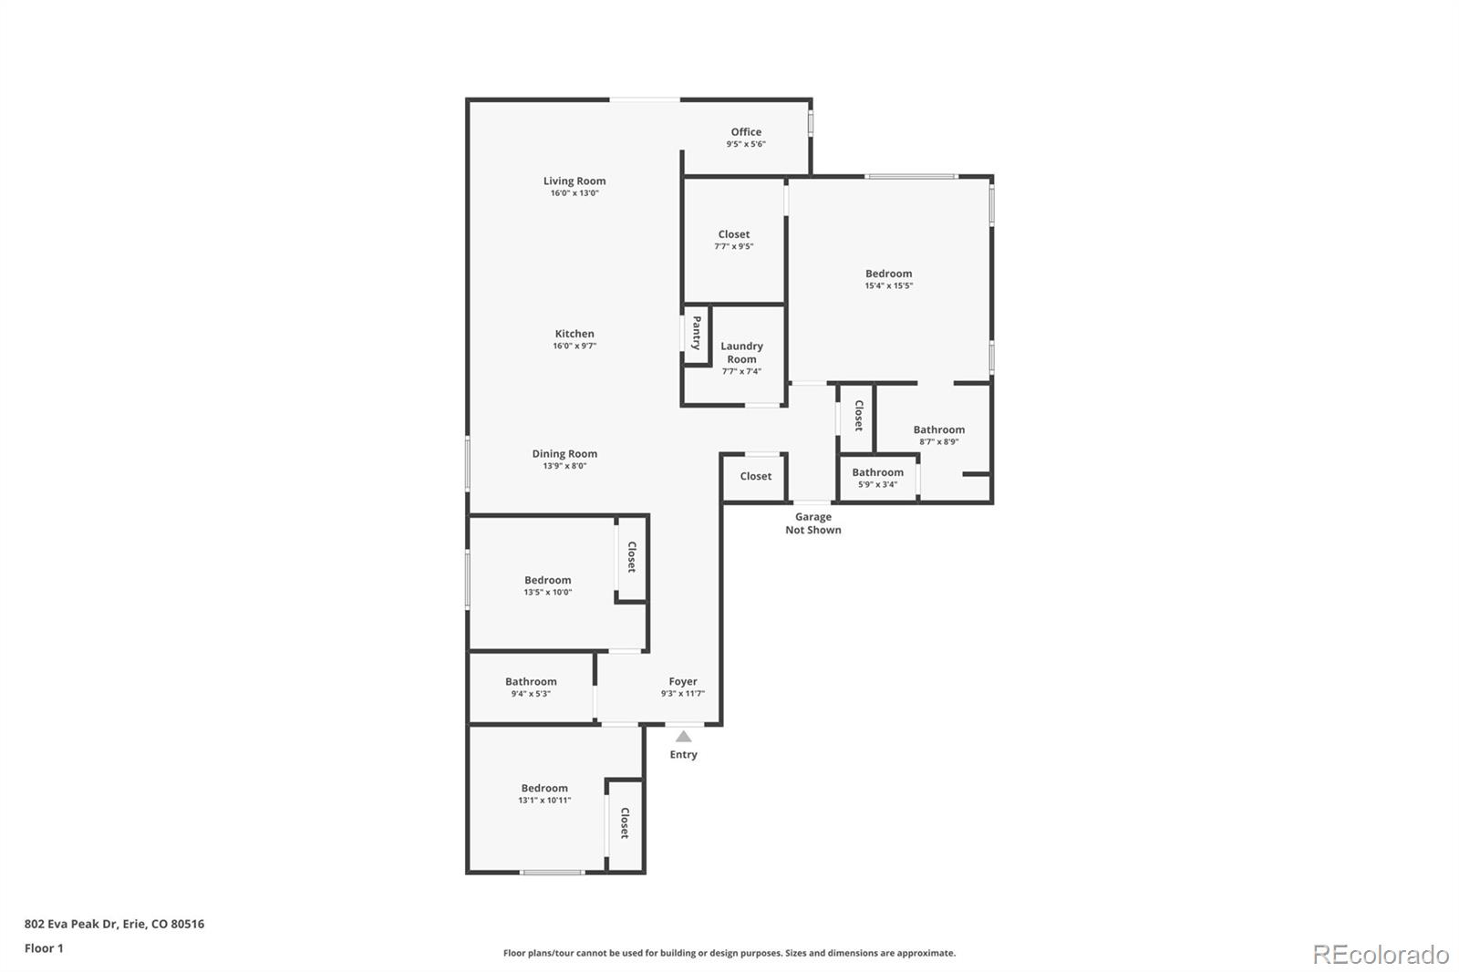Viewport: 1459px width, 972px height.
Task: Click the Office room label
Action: pyautogui.click(x=746, y=132)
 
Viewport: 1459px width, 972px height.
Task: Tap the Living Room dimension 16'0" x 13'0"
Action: pyautogui.click(x=574, y=193)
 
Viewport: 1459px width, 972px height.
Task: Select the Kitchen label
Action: pyautogui.click(x=574, y=334)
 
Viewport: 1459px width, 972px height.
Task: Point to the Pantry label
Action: pyautogui.click(x=697, y=333)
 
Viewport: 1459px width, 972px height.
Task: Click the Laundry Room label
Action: pyautogui.click(x=741, y=353)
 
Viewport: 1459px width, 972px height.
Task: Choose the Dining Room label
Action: pyautogui.click(x=564, y=454)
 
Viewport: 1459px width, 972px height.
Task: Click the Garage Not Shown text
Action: pyautogui.click(x=813, y=523)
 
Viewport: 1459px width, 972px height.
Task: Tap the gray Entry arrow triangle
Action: pyautogui.click(x=683, y=736)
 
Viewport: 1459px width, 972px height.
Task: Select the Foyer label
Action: pyautogui.click(x=683, y=682)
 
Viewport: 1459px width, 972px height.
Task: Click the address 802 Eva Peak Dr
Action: pyautogui.click(x=114, y=924)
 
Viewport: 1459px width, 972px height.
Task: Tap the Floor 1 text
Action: pyautogui.click(x=44, y=948)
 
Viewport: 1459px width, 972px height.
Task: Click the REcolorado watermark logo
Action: pyautogui.click(x=1381, y=955)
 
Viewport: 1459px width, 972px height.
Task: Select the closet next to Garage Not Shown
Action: pyautogui.click(x=755, y=477)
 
